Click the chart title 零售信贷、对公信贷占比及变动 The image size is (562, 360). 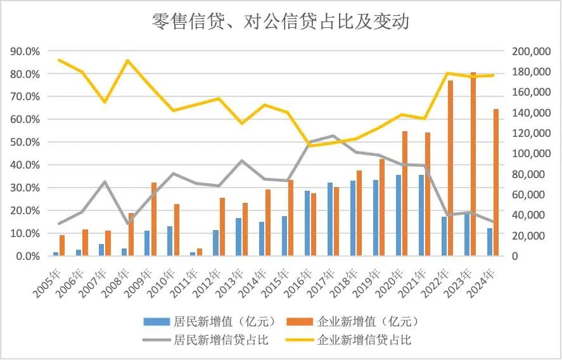click(x=281, y=22)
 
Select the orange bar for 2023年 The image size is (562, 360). click(x=473, y=164)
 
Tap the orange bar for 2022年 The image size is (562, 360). click(x=450, y=168)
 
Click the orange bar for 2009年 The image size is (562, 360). click(x=153, y=219)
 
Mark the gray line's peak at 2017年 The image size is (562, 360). click(x=332, y=136)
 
